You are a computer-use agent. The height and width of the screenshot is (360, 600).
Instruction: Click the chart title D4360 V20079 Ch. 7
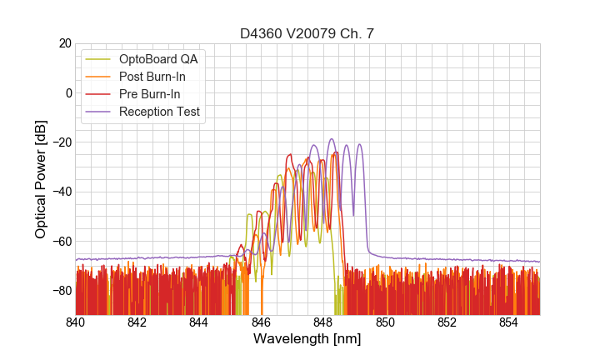pyautogui.click(x=307, y=33)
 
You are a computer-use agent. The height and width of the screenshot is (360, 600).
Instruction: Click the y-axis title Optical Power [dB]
pyautogui.click(x=41, y=179)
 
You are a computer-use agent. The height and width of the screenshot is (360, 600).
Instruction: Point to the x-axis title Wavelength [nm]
pyautogui.click(x=307, y=340)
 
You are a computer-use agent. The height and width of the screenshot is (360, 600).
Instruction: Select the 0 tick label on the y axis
pyautogui.click(x=67, y=92)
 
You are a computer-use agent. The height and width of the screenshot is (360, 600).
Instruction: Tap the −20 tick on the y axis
pyautogui.click(x=61, y=142)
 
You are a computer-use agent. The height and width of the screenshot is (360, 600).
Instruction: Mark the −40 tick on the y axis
pyautogui.click(x=61, y=192)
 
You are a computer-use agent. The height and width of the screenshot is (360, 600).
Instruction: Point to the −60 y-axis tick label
pyautogui.click(x=61, y=241)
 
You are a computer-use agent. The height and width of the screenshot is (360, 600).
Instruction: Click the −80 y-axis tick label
pyautogui.click(x=61, y=290)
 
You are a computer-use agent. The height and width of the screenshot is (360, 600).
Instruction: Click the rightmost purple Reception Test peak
pyautogui.click(x=360, y=144)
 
